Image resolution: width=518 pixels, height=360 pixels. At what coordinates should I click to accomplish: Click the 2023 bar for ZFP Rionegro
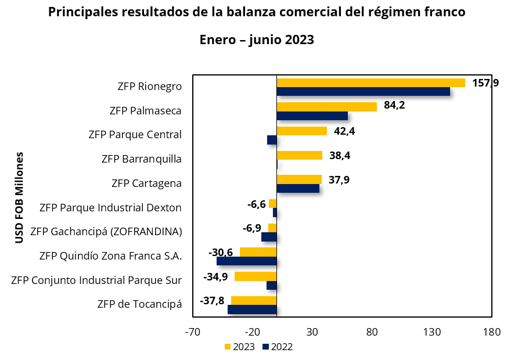(x=370, y=82)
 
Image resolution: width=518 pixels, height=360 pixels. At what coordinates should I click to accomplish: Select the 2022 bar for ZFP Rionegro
(x=363, y=92)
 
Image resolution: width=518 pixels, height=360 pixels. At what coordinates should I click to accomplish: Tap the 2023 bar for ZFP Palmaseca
(x=326, y=106)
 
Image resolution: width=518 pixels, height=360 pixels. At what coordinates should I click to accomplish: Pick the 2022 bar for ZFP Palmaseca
(x=312, y=116)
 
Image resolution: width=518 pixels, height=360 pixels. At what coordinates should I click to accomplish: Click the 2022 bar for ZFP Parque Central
(x=272, y=140)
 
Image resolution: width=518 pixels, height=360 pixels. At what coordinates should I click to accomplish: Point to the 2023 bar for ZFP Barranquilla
(x=299, y=155)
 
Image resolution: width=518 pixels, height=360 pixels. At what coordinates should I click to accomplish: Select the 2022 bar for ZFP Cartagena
(x=298, y=188)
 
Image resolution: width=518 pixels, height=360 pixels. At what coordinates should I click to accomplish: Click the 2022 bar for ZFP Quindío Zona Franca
(x=246, y=261)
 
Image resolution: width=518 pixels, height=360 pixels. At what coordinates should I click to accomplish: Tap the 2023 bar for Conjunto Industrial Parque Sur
(x=256, y=276)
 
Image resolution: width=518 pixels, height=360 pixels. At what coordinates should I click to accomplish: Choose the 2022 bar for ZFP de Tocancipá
(x=252, y=309)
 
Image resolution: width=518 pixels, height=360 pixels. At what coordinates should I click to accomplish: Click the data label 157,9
(x=485, y=83)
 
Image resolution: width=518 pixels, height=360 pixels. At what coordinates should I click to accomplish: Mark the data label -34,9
(x=215, y=276)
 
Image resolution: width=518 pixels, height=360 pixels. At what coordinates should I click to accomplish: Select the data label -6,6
(x=256, y=204)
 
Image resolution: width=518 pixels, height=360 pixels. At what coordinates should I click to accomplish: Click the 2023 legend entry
(x=239, y=347)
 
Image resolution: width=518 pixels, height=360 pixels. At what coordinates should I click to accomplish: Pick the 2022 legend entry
(x=277, y=347)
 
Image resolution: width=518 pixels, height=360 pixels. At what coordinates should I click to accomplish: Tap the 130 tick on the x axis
(x=432, y=332)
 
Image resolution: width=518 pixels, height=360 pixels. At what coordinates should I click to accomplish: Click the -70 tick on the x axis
(x=192, y=332)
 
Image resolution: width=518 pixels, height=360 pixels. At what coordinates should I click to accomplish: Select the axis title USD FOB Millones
(x=19, y=197)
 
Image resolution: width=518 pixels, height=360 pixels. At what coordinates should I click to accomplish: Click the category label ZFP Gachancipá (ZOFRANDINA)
(x=106, y=232)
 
